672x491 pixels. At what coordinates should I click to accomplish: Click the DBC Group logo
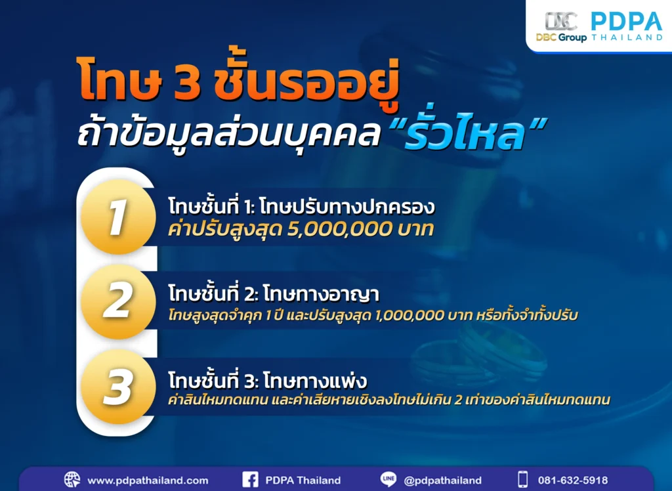[x=561, y=26]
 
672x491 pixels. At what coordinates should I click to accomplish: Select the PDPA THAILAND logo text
[x=626, y=26]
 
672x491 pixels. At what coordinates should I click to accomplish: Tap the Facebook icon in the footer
[x=250, y=480]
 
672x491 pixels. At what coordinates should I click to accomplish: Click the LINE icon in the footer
[x=388, y=480]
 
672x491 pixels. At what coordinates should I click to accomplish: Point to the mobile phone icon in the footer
[x=522, y=480]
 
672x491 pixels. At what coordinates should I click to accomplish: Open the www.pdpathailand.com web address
[x=148, y=480]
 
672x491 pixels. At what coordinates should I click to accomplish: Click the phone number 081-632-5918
[x=573, y=480]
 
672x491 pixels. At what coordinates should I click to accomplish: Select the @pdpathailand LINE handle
[x=443, y=480]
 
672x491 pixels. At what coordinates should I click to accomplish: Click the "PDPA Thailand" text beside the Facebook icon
[x=303, y=480]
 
